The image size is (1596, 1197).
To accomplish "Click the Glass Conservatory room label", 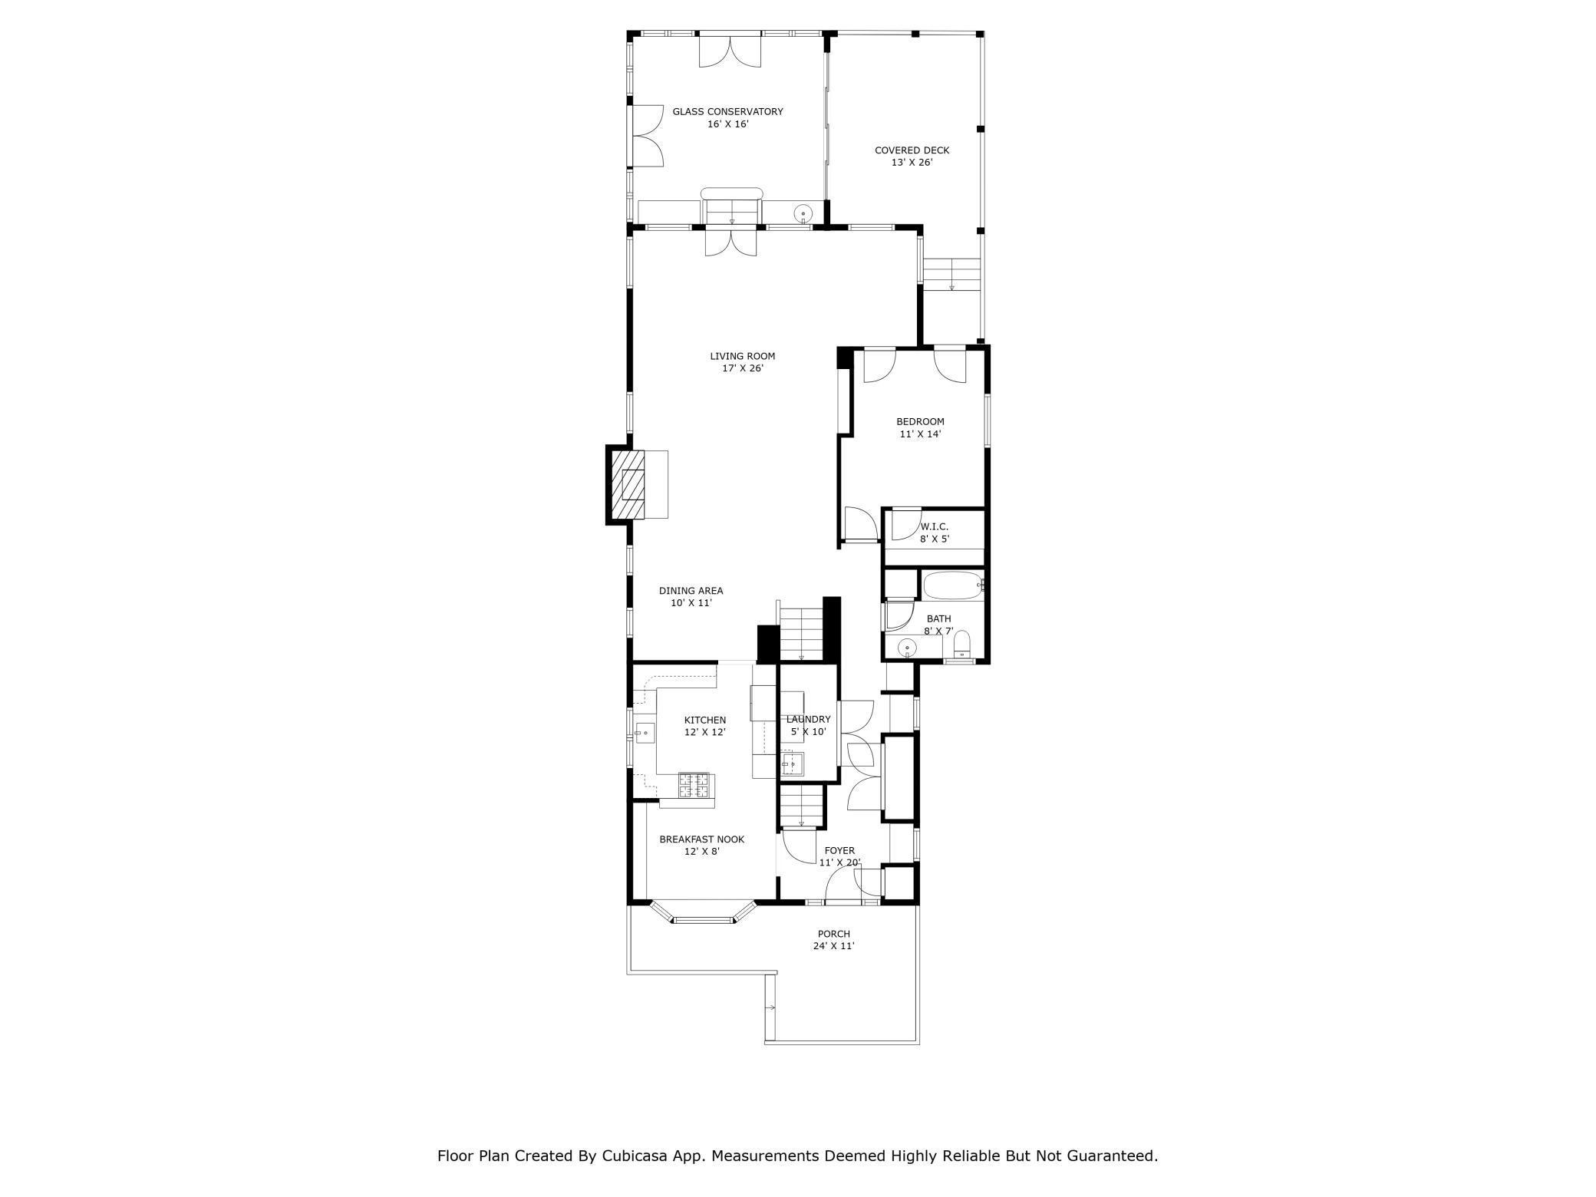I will tap(727, 117).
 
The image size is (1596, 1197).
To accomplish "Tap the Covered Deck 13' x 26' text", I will tap(912, 157).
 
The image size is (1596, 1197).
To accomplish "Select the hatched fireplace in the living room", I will tap(627, 485).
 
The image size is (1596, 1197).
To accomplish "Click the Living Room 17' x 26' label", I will tap(742, 362).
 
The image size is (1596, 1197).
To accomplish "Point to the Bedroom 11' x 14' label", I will tap(920, 427).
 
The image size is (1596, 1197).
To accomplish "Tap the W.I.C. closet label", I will tap(934, 533).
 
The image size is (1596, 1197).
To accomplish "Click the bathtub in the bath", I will tap(952, 586).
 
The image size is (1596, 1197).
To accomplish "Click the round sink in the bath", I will tap(908, 647).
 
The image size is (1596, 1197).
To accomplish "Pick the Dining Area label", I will tap(691, 597).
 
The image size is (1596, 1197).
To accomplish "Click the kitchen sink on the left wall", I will tap(644, 733).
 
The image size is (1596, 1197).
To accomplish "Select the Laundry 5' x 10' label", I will tap(808, 725).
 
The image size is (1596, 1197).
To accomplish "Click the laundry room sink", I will tap(792, 763).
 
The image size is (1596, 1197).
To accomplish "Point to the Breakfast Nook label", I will tap(701, 845).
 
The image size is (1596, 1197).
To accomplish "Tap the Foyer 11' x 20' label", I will tap(839, 856).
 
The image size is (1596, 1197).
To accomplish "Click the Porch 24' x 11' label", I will tap(833, 940).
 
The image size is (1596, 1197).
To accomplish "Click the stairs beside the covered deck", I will tap(951, 274).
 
